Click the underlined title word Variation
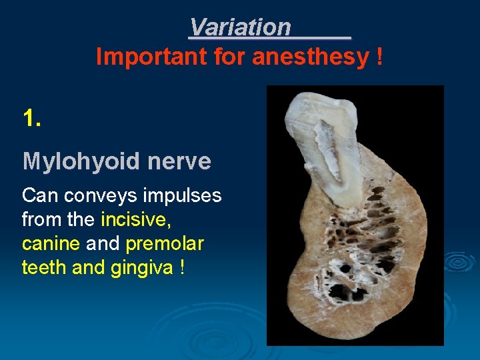coord(240,27)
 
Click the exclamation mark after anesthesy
coord(379,57)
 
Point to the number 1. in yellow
coord(31,119)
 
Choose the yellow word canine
coord(51,244)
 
